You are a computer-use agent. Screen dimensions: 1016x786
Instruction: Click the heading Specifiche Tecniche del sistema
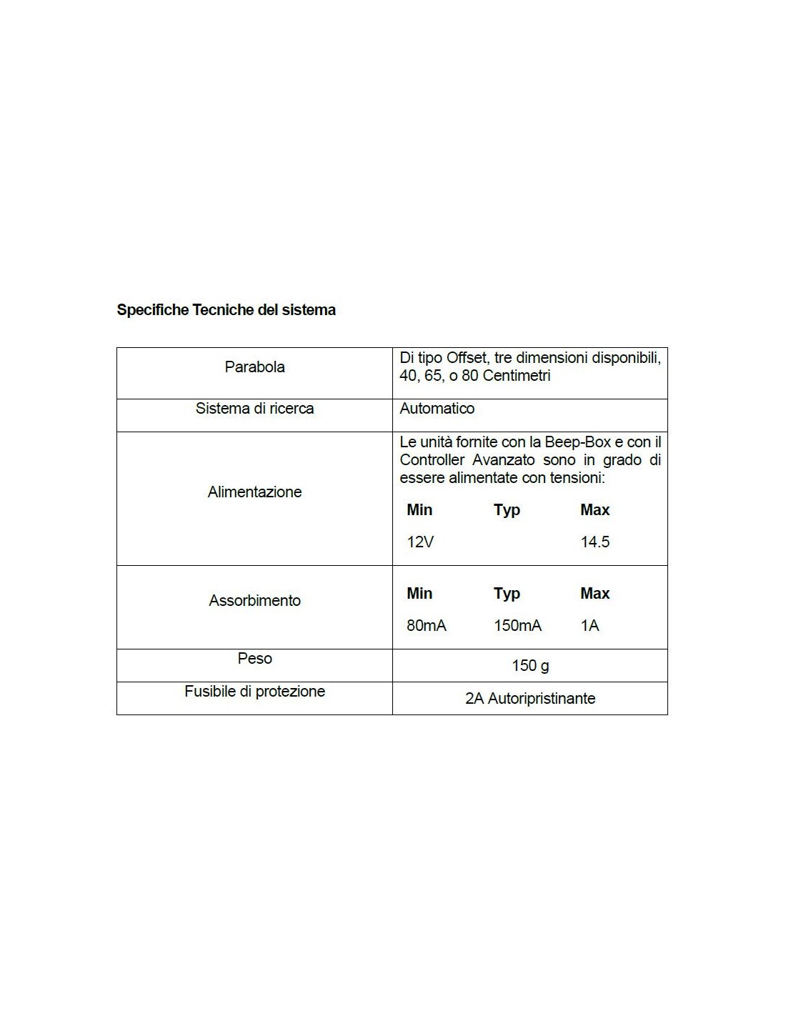tap(226, 310)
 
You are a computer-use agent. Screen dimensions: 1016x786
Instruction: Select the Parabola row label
tap(254, 367)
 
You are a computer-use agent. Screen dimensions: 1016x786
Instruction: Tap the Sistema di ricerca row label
tap(254, 409)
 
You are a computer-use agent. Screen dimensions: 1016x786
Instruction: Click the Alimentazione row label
tap(254, 492)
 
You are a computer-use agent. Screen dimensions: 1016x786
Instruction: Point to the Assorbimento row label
tap(254, 601)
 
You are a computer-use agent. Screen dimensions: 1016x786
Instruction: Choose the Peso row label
tap(254, 659)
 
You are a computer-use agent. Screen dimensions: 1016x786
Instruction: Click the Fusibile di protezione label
tap(254, 692)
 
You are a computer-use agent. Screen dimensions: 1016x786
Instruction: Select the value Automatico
tap(437, 409)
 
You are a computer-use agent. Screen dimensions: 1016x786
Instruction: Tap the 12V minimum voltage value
tap(420, 542)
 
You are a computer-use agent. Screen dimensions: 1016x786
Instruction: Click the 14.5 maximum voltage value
tap(595, 542)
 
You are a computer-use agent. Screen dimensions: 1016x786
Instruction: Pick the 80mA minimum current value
tap(426, 626)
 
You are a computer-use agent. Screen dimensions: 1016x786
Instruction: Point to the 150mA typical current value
tap(517, 626)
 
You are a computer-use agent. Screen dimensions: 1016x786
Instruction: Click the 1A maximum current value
tap(589, 626)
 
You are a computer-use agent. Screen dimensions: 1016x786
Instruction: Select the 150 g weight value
tap(530, 666)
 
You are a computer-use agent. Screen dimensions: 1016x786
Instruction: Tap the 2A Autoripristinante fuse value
tap(530, 699)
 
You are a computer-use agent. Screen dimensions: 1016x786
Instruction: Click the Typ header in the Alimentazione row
tap(507, 510)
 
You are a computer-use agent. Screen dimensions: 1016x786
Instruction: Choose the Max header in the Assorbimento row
tap(595, 594)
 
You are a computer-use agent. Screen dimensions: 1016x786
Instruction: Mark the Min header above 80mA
tap(419, 594)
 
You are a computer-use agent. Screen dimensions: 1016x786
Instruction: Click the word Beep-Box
tap(577, 442)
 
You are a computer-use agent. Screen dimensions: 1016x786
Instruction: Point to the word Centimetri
tap(517, 376)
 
